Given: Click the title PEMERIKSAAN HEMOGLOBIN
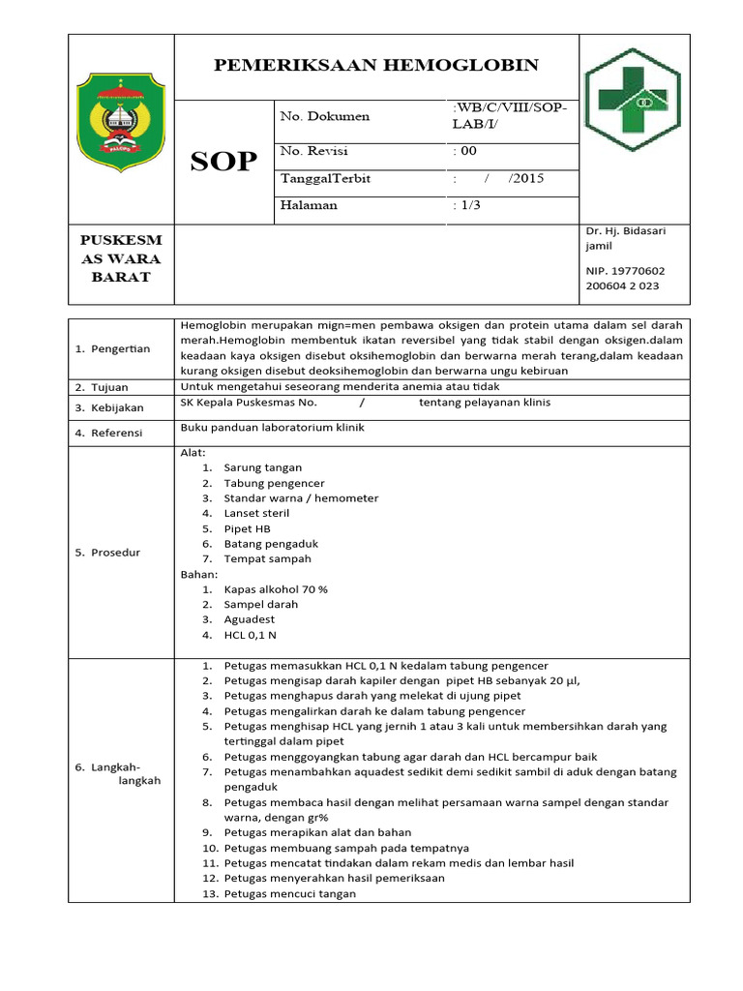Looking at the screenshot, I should [x=376, y=65].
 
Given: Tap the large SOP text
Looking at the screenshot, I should [x=223, y=162].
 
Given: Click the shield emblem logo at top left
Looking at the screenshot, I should [x=121, y=121].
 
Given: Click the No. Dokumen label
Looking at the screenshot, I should [x=324, y=116].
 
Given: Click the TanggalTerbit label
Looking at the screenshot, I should [x=325, y=178].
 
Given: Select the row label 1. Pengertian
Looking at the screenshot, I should [x=113, y=348].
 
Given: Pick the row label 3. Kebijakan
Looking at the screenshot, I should [x=111, y=408].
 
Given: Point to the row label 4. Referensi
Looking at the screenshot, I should [x=110, y=433].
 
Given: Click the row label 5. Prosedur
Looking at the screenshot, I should [x=109, y=553].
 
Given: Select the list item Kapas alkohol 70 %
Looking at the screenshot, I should [x=276, y=588].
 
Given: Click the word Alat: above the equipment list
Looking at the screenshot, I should [x=193, y=452].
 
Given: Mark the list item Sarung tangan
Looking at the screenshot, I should [x=263, y=467].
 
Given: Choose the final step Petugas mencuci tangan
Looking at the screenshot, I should [x=289, y=893].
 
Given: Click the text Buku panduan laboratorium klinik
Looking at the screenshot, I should [x=273, y=427].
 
